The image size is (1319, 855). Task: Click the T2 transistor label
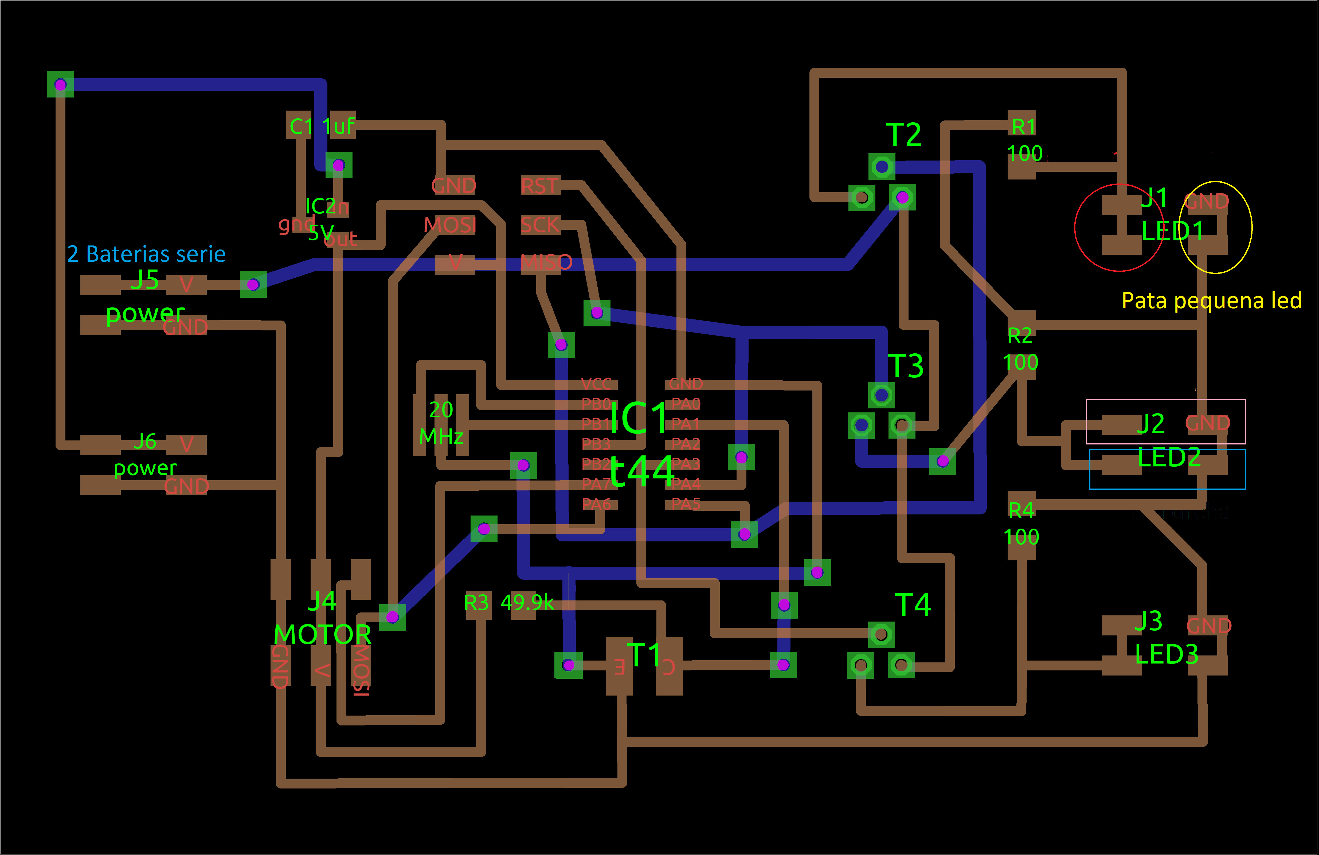click(903, 135)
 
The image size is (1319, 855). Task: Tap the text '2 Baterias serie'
click(146, 254)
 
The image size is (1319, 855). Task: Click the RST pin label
click(539, 186)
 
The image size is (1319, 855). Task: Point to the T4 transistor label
click(913, 604)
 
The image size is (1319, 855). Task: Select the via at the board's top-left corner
click(60, 84)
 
